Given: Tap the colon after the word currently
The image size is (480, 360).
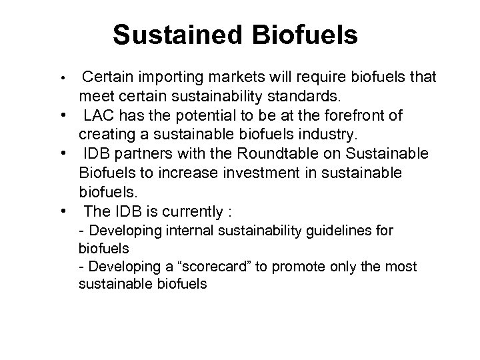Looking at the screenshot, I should point(229,212).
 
